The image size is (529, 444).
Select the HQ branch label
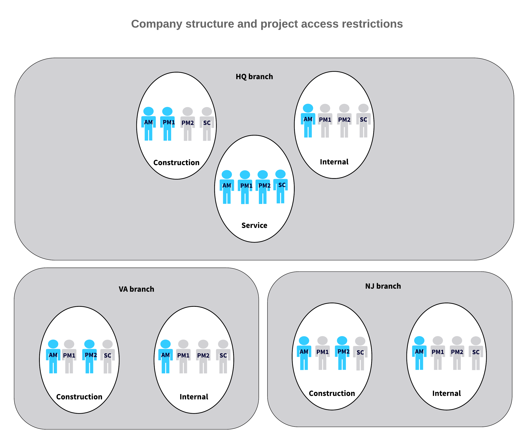point(254,77)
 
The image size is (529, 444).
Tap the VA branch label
point(137,289)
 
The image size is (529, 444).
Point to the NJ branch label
point(383,286)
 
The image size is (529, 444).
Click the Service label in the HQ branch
point(254,225)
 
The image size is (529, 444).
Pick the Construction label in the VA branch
point(79,397)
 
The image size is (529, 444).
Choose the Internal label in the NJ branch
point(446,393)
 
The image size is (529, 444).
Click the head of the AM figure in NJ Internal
point(419,341)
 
